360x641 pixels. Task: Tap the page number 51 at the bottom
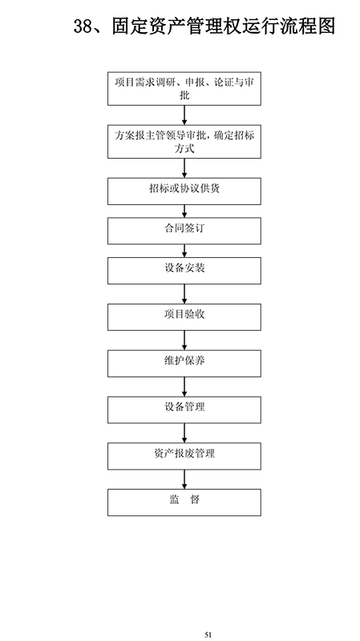pyautogui.click(x=208, y=635)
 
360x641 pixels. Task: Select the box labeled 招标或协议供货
pyautogui.click(x=184, y=191)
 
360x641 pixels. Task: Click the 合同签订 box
pyautogui.click(x=184, y=231)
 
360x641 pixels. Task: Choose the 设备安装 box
pyautogui.click(x=184, y=271)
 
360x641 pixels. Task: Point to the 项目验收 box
pyautogui.click(x=184, y=316)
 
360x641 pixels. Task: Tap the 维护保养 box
pyautogui.click(x=184, y=364)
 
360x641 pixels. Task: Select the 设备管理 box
pyautogui.click(x=184, y=409)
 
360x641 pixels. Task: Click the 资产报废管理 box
pyautogui.click(x=184, y=456)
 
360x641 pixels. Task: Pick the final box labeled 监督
pyautogui.click(x=184, y=502)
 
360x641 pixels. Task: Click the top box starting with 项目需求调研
pyautogui.click(x=184, y=89)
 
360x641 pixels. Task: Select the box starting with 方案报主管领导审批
pyautogui.click(x=184, y=142)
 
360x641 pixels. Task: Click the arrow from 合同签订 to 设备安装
pyautogui.click(x=184, y=251)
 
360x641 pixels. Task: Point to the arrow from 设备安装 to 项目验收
pyautogui.click(x=184, y=294)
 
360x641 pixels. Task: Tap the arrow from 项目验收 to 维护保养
pyautogui.click(x=184, y=340)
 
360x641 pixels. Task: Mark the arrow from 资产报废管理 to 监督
pyautogui.click(x=184, y=479)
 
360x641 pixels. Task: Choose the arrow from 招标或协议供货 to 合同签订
pyautogui.click(x=184, y=211)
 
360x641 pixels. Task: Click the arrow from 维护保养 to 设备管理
pyautogui.click(x=184, y=386)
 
